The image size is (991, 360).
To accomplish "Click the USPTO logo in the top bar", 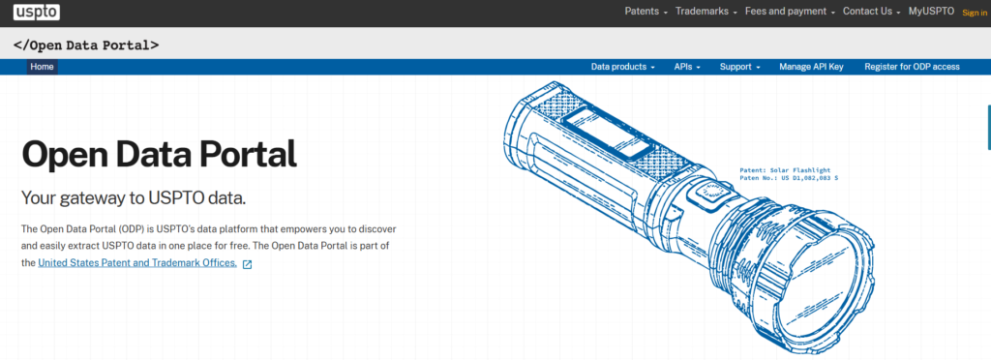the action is tap(37, 12).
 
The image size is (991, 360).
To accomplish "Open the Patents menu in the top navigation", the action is tap(646, 12).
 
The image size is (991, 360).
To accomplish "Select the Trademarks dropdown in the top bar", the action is tap(706, 12).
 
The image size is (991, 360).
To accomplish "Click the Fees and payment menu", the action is tap(790, 12).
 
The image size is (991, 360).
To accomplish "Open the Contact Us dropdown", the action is tap(872, 12).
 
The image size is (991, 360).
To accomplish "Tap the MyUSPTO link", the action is tap(931, 12).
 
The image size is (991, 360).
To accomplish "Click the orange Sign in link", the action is tap(974, 13).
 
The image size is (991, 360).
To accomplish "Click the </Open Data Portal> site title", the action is tap(86, 45).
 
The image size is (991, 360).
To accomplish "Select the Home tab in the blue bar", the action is tap(43, 67).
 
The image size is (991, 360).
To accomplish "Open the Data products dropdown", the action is tap(622, 67).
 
